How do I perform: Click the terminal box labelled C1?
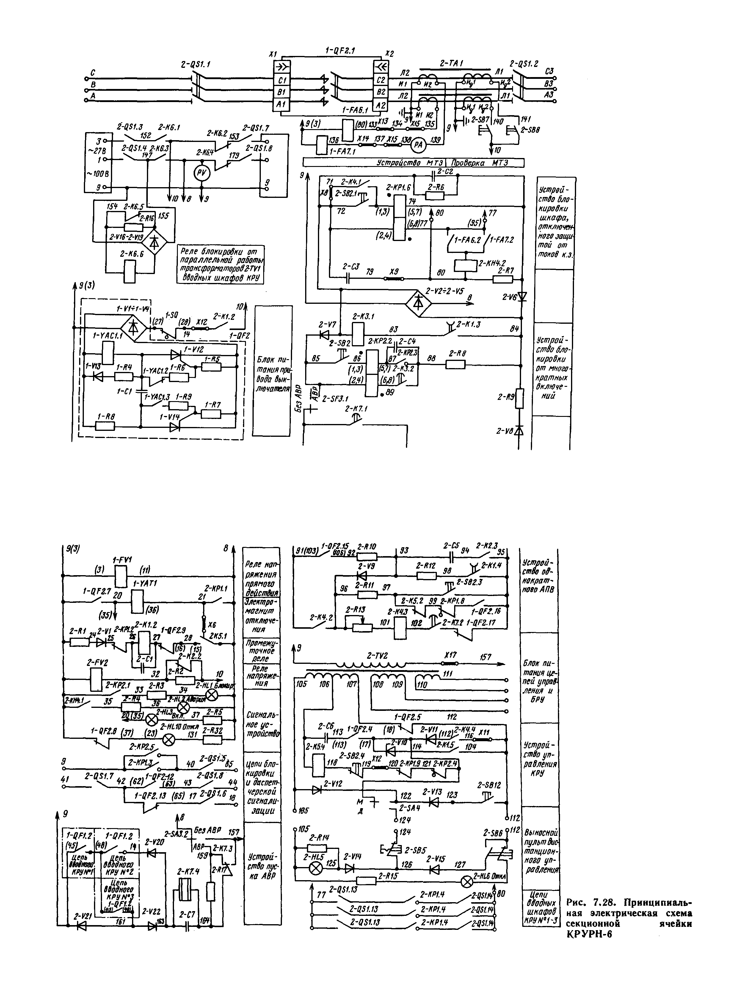pos(283,80)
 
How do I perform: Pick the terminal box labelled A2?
pos(380,105)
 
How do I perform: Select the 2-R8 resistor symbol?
pos(456,364)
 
